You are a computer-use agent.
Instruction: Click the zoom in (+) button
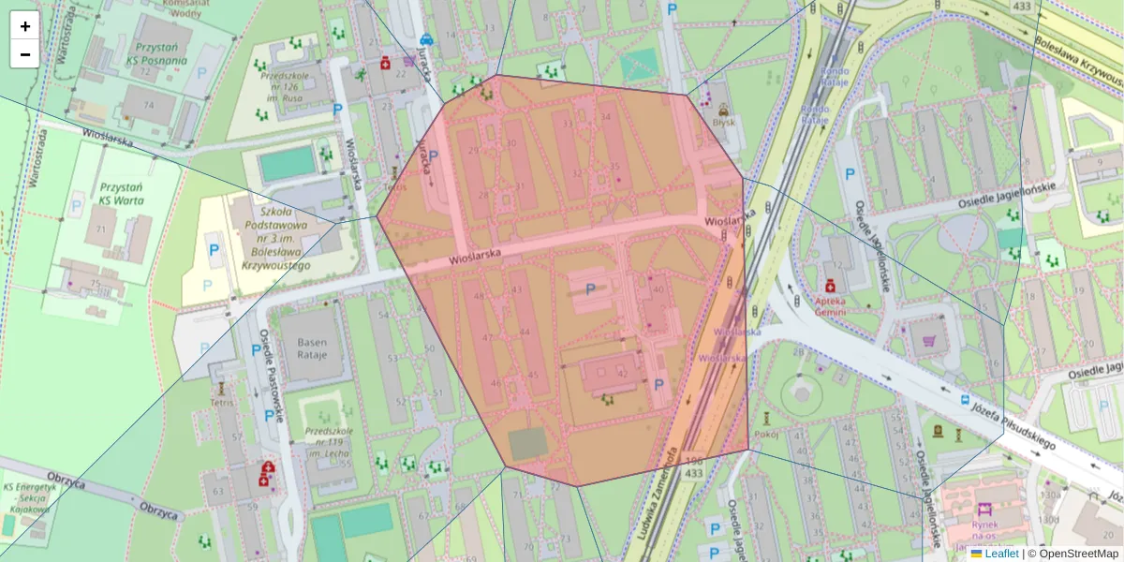click(x=25, y=26)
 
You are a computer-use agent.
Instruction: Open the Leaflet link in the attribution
click(x=1000, y=554)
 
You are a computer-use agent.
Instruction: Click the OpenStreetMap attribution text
click(x=1077, y=554)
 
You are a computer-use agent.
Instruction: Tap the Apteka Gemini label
click(x=830, y=307)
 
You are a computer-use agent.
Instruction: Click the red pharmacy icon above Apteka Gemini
click(x=830, y=285)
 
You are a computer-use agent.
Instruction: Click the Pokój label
click(x=766, y=434)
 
